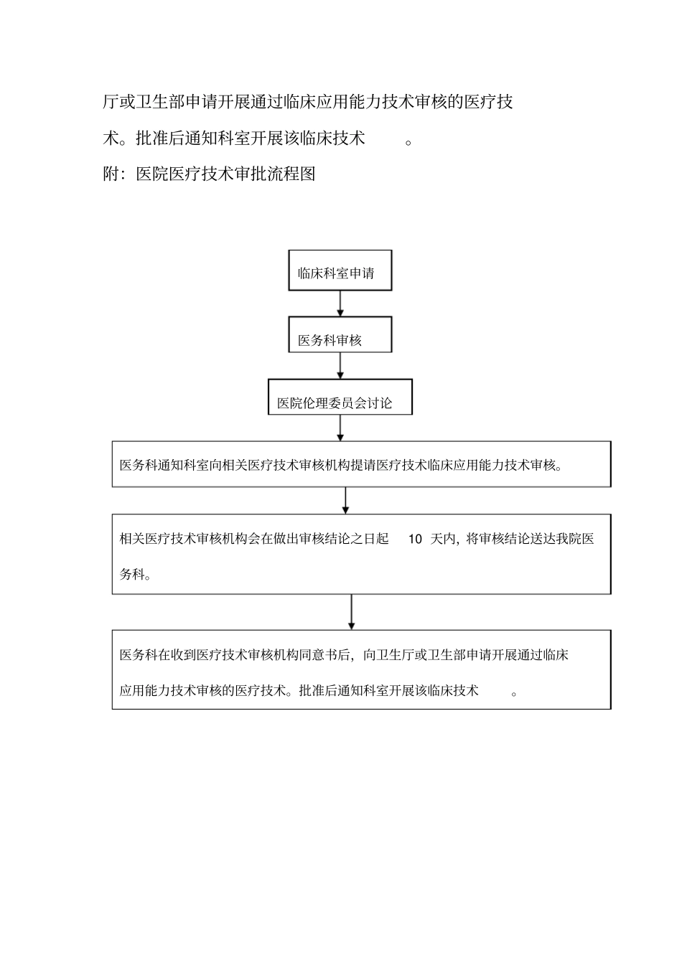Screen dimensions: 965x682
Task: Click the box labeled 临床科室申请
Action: tap(340, 270)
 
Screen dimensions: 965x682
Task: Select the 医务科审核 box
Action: tap(340, 334)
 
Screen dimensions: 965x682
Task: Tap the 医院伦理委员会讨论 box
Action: tap(340, 397)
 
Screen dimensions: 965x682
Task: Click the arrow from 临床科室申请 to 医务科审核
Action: tap(340, 303)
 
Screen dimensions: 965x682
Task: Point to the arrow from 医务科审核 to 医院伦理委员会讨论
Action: tap(340, 366)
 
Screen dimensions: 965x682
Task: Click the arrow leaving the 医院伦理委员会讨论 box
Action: tap(340, 428)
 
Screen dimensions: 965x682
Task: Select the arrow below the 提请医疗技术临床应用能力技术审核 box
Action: tap(345, 500)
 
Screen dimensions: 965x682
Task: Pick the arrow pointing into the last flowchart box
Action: tap(351, 611)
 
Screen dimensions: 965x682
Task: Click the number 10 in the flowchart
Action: tap(415, 540)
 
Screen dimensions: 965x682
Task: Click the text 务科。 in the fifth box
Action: tap(135, 575)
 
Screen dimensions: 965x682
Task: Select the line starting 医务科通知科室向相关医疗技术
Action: tap(341, 465)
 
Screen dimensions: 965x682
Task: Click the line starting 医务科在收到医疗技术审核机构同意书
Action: tap(344, 655)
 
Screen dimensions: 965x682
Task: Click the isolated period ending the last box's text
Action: tap(514, 693)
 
